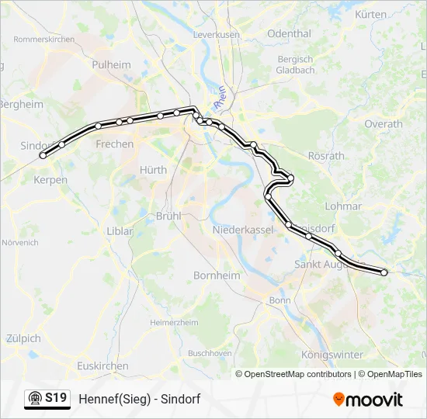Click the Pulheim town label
click(112, 65)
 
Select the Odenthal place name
click(289, 34)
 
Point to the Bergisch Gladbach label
click(295, 64)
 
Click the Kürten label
click(370, 15)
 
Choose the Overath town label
click(384, 123)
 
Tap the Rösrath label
click(326, 156)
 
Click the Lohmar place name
click(343, 206)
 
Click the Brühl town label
click(168, 216)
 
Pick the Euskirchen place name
click(103, 365)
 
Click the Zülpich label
click(23, 338)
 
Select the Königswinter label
click(332, 355)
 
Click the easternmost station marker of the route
click(384, 272)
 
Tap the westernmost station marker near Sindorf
click(43, 155)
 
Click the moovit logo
click(368, 400)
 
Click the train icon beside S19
click(35, 399)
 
